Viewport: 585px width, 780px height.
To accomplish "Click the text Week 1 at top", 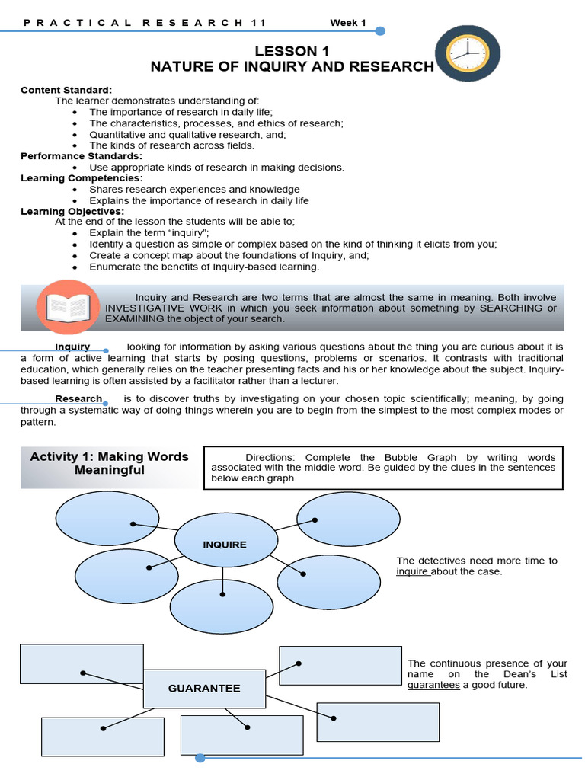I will [347, 22].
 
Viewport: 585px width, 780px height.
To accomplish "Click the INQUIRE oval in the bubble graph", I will [224, 544].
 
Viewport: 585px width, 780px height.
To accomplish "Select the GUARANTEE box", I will [203, 688].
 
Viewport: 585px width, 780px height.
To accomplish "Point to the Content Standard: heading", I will [66, 90].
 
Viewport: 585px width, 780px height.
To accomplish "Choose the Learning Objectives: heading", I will [72, 211].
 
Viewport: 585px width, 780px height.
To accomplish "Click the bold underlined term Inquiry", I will [72, 347].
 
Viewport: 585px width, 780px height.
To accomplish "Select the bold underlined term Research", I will [78, 398].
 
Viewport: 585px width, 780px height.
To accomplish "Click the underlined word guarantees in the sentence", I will [433, 685].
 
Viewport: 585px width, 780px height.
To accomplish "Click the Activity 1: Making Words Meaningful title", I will [109, 463].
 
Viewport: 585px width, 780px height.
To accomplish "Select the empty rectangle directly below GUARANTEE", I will [241, 735].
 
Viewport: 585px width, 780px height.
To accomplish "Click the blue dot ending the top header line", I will [380, 31].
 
